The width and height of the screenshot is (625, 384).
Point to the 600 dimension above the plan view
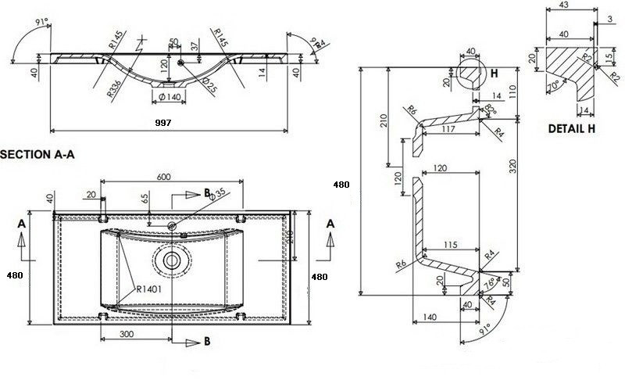click(163, 177)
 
